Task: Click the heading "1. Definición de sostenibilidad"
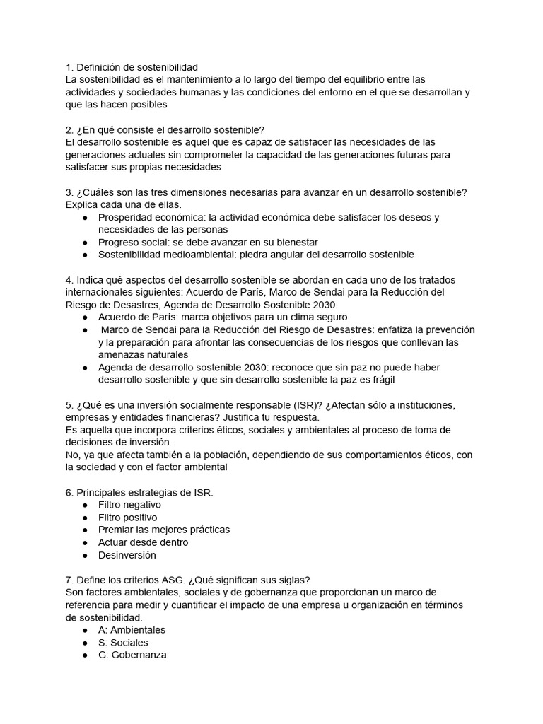click(132, 66)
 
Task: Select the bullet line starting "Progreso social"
click(208, 242)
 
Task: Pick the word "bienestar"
click(296, 242)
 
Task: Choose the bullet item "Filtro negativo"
click(129, 505)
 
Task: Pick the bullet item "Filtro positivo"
click(128, 518)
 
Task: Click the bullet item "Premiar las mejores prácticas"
click(164, 530)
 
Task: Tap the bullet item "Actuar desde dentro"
click(143, 542)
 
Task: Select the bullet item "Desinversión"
click(127, 555)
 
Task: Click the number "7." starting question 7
click(69, 580)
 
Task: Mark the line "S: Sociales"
click(123, 643)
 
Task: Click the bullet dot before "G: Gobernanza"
click(85, 655)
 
